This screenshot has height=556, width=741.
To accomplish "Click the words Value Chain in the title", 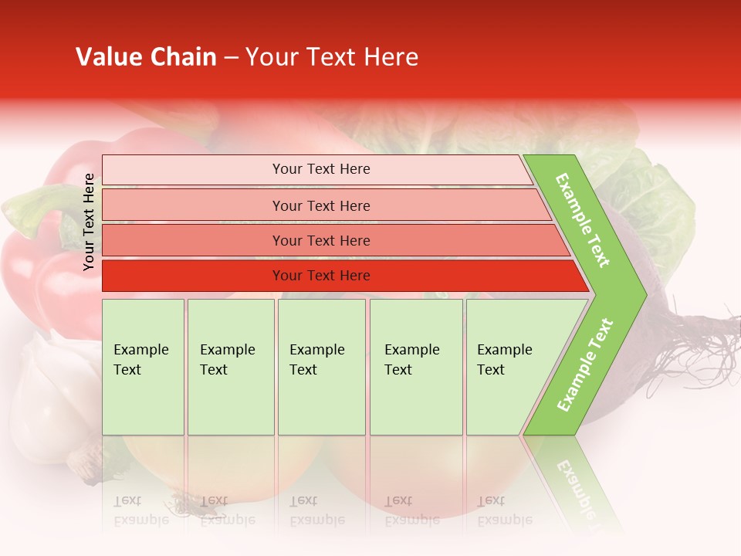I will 146,57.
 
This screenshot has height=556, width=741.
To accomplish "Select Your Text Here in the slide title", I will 332,57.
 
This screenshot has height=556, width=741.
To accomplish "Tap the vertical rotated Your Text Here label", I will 89,222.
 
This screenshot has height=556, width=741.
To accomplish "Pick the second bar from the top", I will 320,205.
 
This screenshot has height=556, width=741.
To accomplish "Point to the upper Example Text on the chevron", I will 583,220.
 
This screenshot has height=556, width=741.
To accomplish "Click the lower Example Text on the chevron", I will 585,364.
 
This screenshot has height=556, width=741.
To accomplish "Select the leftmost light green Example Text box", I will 143,367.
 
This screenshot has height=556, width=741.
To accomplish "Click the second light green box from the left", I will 230,367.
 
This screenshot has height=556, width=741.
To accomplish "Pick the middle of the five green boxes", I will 321,367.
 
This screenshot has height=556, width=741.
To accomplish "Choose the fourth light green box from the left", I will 416,367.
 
